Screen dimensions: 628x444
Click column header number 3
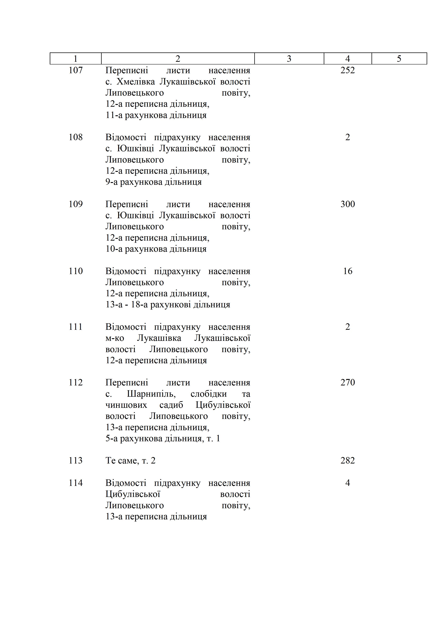[x=289, y=59]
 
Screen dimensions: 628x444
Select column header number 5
[x=399, y=59]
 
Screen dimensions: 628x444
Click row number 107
[x=76, y=70]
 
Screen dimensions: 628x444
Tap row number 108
[x=76, y=137]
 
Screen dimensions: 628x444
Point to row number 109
[x=76, y=204]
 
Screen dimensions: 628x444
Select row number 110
[x=76, y=271]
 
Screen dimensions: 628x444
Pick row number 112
[x=76, y=382]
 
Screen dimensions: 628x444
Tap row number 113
[x=76, y=461]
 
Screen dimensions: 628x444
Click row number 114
[x=76, y=483]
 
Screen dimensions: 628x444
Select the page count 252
[x=348, y=70]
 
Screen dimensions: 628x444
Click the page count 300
[x=348, y=204]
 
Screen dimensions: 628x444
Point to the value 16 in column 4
[x=348, y=271]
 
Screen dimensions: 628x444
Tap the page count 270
[x=348, y=382]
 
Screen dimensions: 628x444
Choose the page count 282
[x=348, y=461]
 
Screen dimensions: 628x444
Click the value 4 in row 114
[x=348, y=483]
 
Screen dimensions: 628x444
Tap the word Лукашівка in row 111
[x=159, y=338]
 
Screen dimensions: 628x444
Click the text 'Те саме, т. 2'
[x=130, y=461]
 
